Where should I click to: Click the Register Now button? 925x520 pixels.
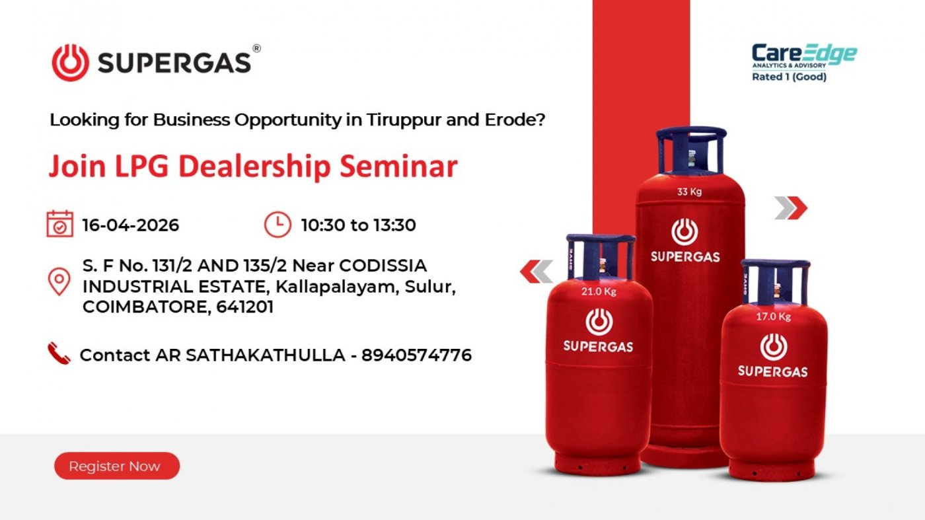[117, 466]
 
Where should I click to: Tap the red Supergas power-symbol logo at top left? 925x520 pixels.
[70, 63]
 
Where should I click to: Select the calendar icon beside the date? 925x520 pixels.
[60, 224]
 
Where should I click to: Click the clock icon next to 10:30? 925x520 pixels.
[277, 225]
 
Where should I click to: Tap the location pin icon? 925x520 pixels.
[59, 281]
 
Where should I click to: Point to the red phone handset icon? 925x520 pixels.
[59, 353]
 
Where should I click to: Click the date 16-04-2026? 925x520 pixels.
[131, 225]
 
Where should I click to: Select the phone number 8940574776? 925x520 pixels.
[416, 355]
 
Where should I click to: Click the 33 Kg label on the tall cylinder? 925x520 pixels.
[689, 192]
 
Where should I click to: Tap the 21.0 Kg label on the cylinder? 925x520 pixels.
[599, 291]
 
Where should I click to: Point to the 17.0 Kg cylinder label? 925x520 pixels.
[773, 316]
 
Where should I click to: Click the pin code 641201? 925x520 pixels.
[245, 307]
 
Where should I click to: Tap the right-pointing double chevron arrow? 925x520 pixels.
[791, 207]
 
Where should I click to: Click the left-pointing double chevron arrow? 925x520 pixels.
[536, 272]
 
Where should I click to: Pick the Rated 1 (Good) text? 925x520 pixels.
[789, 77]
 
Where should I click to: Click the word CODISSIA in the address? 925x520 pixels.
[383, 266]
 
